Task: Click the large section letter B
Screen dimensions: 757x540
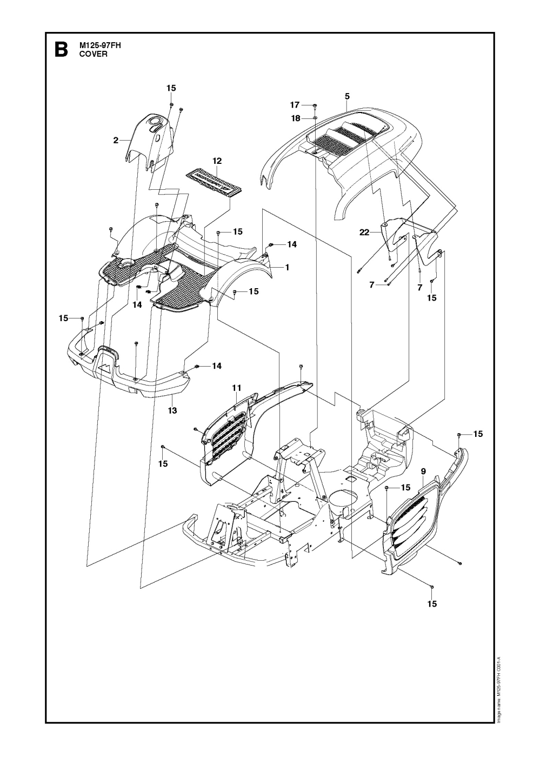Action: click(x=61, y=50)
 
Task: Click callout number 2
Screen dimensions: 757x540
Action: click(x=116, y=141)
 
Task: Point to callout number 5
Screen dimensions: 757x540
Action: click(x=347, y=96)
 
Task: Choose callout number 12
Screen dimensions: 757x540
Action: click(x=217, y=161)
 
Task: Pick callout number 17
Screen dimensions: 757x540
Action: click(x=295, y=104)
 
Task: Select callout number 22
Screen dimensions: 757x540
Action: click(x=364, y=233)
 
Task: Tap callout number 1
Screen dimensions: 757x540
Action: click(x=287, y=267)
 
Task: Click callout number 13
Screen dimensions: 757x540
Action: click(x=172, y=411)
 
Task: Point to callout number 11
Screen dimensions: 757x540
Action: click(x=236, y=388)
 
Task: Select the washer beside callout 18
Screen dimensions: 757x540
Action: click(x=315, y=117)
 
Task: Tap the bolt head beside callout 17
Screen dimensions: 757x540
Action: click(x=315, y=104)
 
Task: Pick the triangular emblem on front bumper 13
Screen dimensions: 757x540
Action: click(x=106, y=367)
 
